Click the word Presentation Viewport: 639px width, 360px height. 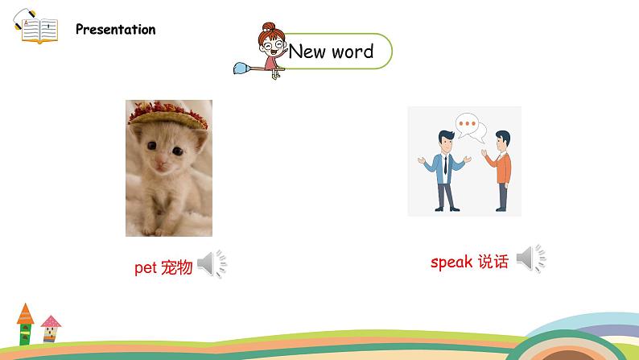coord(115,29)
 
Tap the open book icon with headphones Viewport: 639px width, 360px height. coord(36,26)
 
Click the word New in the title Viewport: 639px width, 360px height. coord(307,52)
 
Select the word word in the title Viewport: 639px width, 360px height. coord(352,52)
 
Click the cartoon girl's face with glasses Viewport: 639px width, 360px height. coord(272,44)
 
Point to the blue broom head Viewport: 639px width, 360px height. coord(243,68)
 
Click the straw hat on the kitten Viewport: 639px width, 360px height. coord(167,114)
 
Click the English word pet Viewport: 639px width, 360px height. coord(146,268)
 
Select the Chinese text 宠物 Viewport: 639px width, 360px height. coord(176,267)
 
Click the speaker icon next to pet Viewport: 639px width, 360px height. coord(212,263)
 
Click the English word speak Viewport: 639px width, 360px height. coord(451,262)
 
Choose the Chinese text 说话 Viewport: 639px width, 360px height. coord(493,261)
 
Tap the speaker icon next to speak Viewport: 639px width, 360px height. coord(531,258)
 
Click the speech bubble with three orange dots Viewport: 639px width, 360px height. coord(467,125)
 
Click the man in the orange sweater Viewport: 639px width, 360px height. coord(499,171)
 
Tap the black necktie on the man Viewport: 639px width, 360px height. coord(445,164)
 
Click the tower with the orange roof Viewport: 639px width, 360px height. coord(25,324)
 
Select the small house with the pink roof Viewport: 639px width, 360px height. coord(51,329)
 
